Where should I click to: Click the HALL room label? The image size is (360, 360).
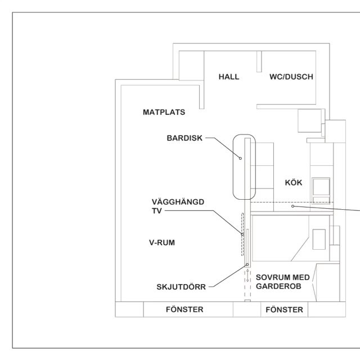pyautogui.click(x=229, y=77)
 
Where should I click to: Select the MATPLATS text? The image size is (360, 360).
pyautogui.click(x=165, y=112)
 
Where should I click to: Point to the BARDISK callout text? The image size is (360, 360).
pyautogui.click(x=183, y=137)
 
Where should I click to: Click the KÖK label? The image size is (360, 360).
pyautogui.click(x=294, y=183)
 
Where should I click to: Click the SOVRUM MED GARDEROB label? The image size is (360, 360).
pyautogui.click(x=280, y=282)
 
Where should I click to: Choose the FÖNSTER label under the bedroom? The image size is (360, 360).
pyautogui.click(x=283, y=309)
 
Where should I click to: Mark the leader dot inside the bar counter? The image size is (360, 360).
pyautogui.click(x=240, y=158)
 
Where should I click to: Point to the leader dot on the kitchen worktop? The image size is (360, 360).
pyautogui.click(x=292, y=207)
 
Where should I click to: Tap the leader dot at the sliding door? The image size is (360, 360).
pyautogui.click(x=247, y=264)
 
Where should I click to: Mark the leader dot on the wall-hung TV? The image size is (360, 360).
pyautogui.click(x=242, y=235)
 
